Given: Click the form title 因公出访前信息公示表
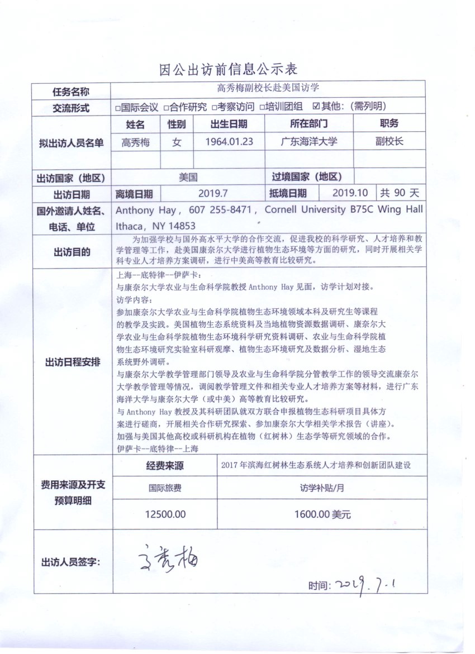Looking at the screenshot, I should (x=229, y=69).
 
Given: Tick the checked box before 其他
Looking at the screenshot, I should (x=316, y=107).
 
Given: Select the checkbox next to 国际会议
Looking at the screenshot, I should (x=118, y=107).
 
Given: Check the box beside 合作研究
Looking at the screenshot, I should (x=165, y=107).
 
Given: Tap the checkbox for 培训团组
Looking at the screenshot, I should (x=262, y=107).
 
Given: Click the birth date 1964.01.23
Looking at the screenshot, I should (x=229, y=142).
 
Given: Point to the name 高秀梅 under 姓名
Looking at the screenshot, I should (x=136, y=142).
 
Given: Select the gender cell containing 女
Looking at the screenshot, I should (x=177, y=142).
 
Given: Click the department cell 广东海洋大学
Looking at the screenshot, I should (x=309, y=142).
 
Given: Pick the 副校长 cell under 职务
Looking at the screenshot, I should (x=389, y=142).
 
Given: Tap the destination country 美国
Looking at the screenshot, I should (x=188, y=178).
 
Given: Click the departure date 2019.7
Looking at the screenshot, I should (x=213, y=193).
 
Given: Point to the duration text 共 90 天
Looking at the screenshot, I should (x=400, y=193).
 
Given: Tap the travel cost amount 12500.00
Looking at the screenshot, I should (x=165, y=514).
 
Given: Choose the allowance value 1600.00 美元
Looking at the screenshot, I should (x=322, y=514).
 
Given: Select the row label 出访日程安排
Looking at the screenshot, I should (x=73, y=362).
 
